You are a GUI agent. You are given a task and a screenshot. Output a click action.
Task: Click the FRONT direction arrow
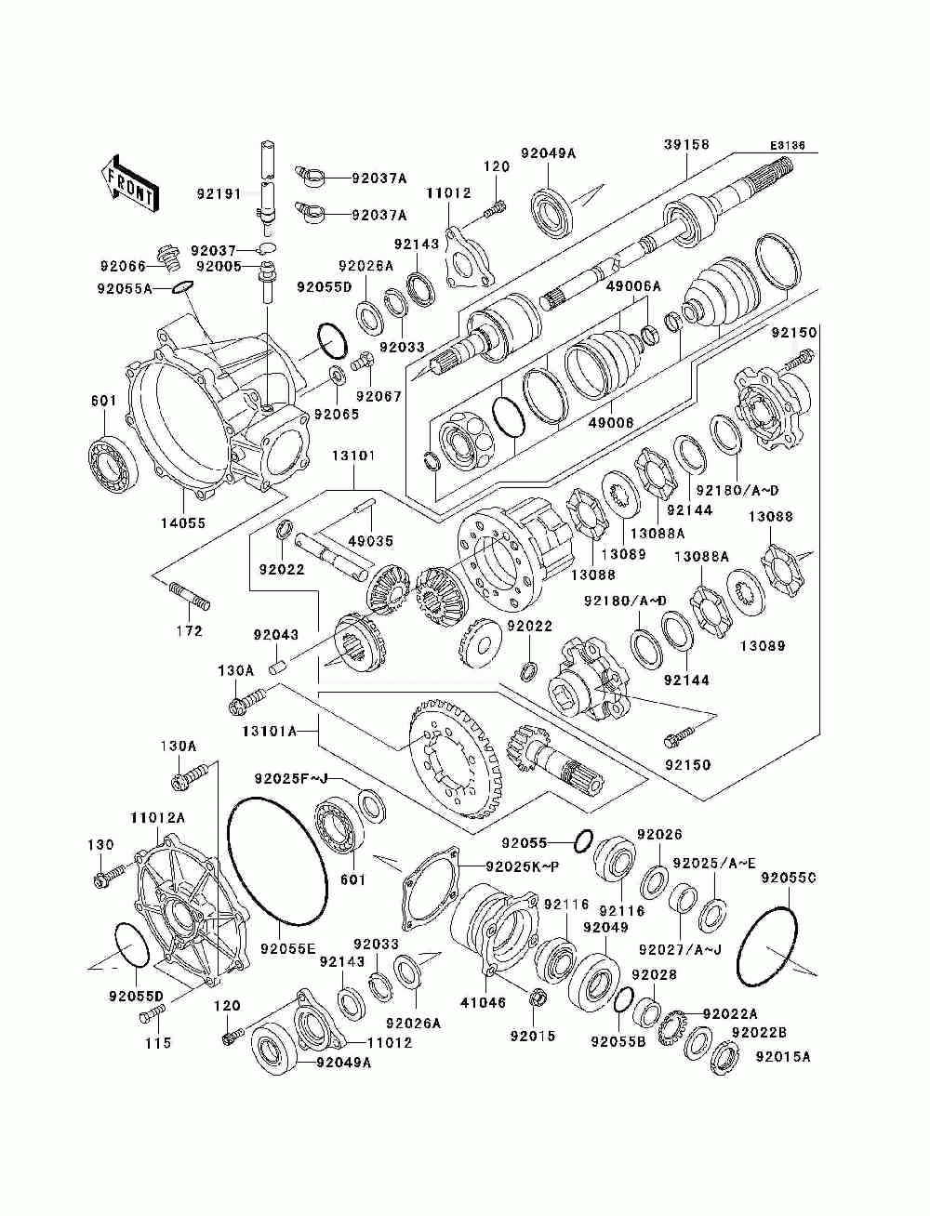[x=129, y=180]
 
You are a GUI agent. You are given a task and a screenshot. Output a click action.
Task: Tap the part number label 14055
[x=182, y=523]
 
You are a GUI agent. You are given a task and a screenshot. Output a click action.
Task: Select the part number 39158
[x=686, y=144]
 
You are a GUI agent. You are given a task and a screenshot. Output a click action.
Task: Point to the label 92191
[x=219, y=194]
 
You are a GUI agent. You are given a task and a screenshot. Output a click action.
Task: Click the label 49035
[x=370, y=541]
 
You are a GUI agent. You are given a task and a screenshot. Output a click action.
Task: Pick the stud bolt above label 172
[x=190, y=597]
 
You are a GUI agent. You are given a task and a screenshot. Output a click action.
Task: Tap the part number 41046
[x=484, y=1002]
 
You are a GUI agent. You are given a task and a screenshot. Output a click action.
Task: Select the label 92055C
[x=789, y=878]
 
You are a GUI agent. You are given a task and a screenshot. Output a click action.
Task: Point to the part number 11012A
[x=157, y=817]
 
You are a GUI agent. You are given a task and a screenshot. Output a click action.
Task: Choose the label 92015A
[x=783, y=1056]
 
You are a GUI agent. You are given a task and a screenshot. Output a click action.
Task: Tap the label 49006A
[x=633, y=287]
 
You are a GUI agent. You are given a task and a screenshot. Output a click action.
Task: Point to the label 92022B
[x=759, y=1032]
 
